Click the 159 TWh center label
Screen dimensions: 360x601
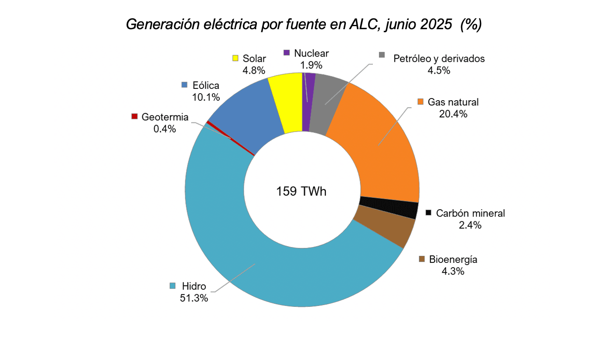[301, 191]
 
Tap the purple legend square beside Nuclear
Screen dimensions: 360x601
[287, 53]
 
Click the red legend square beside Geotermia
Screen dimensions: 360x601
[134, 117]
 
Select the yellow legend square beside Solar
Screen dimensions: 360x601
[236, 58]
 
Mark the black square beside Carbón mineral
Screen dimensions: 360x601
[429, 213]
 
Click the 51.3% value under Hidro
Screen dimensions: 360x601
[194, 298]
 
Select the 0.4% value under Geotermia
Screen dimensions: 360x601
[164, 129]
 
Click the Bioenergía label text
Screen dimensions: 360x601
[453, 260]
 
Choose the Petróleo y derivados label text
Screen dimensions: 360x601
[439, 58]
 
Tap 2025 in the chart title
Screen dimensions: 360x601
[436, 24]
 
